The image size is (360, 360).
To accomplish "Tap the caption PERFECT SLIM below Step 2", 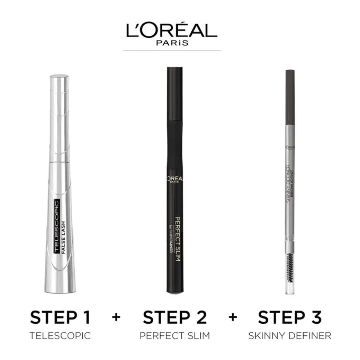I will point(175,335).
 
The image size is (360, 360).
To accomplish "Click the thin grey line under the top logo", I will point(172,51).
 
